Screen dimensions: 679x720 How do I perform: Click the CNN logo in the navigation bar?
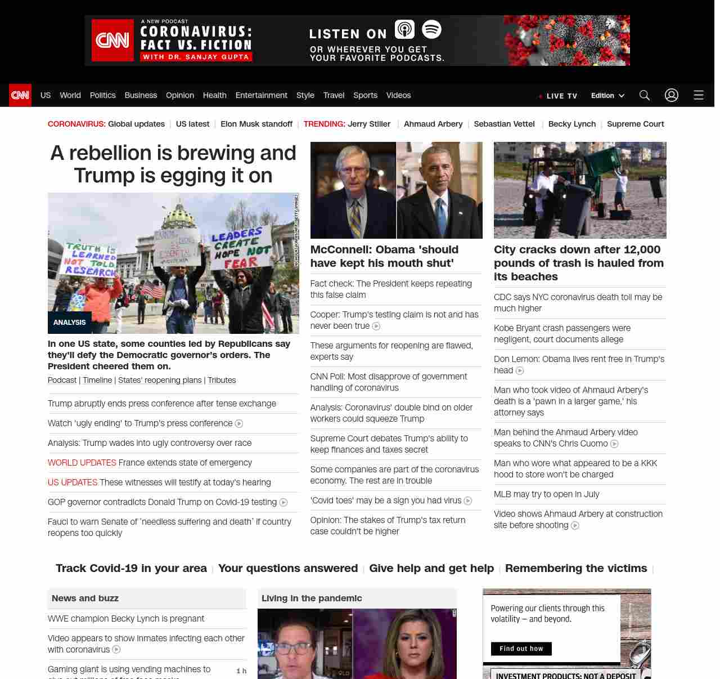(20, 95)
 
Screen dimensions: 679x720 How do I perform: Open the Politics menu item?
(102, 95)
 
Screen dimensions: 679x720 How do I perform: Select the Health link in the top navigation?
(214, 95)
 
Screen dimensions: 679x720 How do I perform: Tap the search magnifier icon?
(645, 95)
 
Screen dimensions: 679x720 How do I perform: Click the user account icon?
(672, 95)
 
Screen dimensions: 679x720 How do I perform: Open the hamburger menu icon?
(699, 95)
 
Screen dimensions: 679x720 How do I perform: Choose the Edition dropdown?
(607, 95)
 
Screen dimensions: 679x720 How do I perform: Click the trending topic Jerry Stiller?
(369, 124)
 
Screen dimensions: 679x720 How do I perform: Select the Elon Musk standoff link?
(256, 124)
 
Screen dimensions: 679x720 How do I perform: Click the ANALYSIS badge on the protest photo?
(70, 323)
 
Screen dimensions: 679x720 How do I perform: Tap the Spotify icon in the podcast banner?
(431, 29)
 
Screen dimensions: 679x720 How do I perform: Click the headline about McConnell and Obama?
(384, 256)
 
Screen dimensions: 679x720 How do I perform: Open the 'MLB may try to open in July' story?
(546, 494)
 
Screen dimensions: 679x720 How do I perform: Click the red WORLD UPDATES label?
(82, 463)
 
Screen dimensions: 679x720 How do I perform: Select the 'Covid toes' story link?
(386, 501)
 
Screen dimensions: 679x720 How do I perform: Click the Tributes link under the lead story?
(222, 380)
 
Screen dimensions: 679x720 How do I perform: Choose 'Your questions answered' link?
(288, 568)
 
